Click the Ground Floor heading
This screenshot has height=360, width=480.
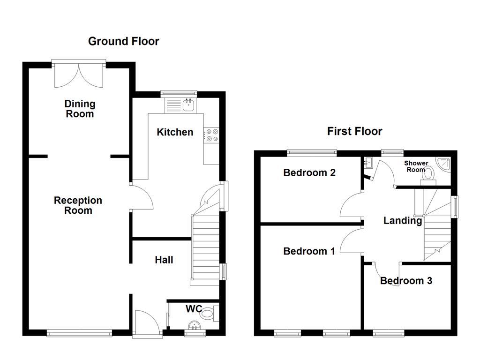point(124,41)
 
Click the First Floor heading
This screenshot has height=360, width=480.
point(354,131)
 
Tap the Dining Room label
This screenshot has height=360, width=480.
point(80,109)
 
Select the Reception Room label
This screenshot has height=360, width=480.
point(78,205)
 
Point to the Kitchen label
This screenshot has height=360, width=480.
point(174,132)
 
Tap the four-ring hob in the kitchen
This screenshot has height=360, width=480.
point(211,135)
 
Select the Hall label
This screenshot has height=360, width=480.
point(164,260)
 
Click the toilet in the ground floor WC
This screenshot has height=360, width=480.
point(212,312)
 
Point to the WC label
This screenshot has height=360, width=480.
point(194,309)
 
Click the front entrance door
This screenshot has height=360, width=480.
point(146,323)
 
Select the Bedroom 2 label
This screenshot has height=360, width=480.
point(309,172)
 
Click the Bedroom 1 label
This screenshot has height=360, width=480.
point(309,251)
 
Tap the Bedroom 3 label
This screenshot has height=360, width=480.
point(406,281)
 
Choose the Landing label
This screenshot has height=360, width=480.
point(403,220)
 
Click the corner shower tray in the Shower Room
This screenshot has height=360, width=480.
point(443,164)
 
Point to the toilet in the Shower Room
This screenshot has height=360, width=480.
point(428,174)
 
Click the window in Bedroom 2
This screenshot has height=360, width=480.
point(312,151)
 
